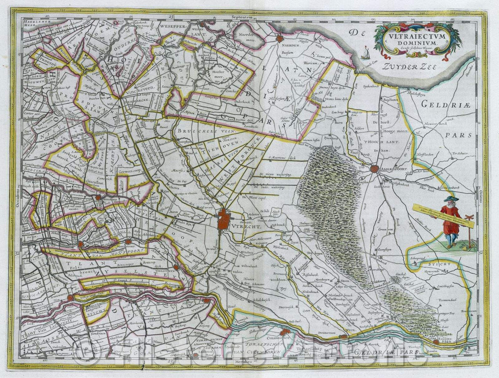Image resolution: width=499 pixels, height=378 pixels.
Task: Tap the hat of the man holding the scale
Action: point(448,199)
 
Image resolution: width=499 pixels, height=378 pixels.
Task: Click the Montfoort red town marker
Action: point(129,241)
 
